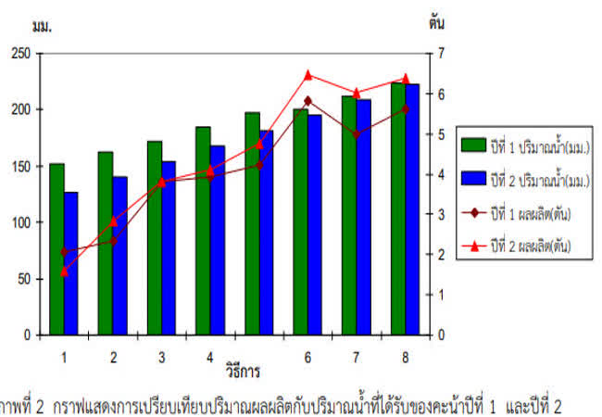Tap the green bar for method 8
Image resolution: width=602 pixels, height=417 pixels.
(x=397, y=208)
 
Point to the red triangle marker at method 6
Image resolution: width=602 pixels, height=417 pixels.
(x=308, y=76)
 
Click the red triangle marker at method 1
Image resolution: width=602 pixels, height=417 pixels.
(x=64, y=272)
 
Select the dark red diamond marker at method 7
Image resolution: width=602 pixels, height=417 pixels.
(x=357, y=134)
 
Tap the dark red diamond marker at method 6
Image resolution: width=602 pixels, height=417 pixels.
(x=308, y=101)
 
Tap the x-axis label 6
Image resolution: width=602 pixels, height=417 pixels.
(x=307, y=356)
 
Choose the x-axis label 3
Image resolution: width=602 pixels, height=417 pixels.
(x=161, y=356)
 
